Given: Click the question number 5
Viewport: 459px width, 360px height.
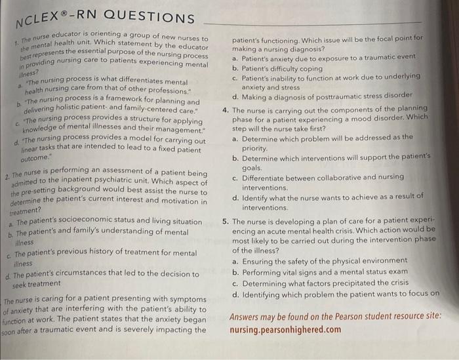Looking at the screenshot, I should [225, 222].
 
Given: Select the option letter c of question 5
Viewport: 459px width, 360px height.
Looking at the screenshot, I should [235, 283].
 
